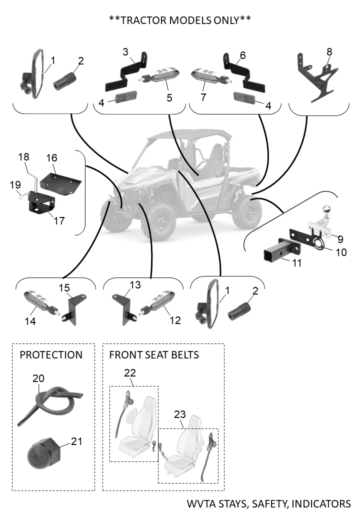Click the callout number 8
(329, 51)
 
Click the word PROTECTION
(51, 355)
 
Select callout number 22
(130, 372)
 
